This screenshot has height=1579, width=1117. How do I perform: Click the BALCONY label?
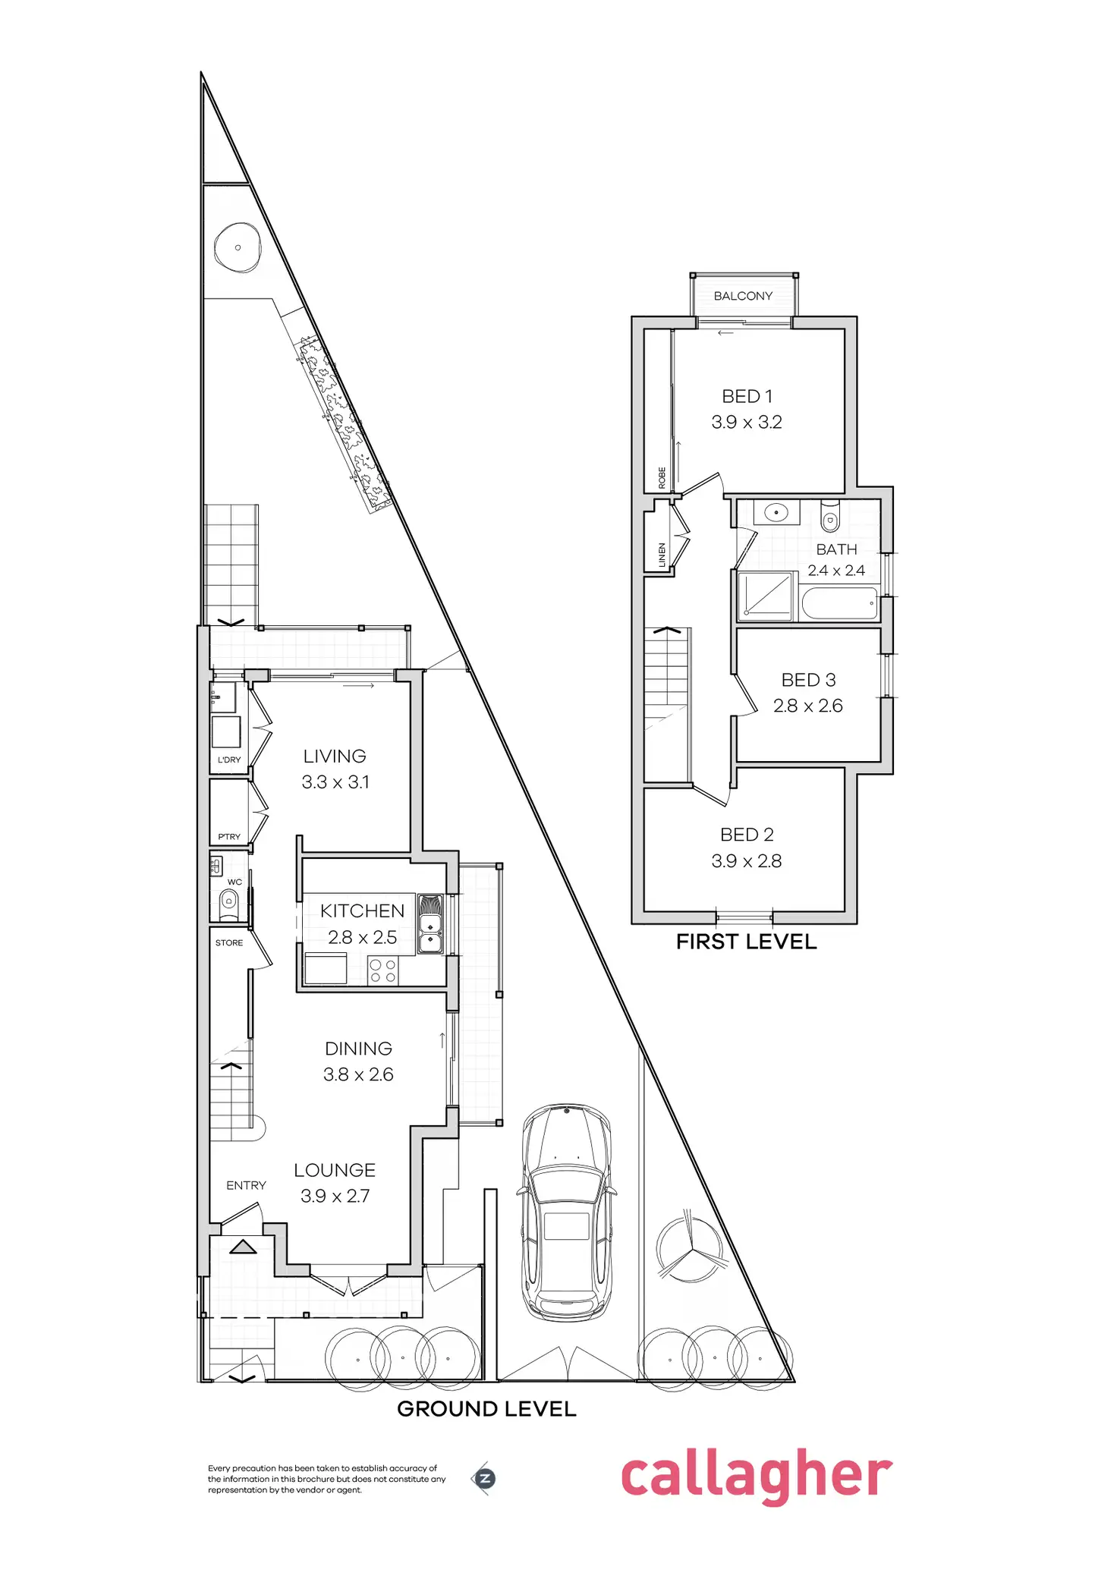point(743,296)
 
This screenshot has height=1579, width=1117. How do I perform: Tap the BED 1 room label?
point(747,396)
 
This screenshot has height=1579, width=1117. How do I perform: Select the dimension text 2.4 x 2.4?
point(836,571)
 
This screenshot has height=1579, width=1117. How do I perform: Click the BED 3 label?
point(808,680)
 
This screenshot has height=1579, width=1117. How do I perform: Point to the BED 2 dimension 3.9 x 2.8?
point(747,861)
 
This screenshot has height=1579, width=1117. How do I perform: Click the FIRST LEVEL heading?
point(746,942)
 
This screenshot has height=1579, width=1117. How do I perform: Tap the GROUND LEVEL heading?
point(486,1409)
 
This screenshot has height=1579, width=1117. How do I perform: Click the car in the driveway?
point(566,1213)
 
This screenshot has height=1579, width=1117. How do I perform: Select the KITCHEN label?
point(362,911)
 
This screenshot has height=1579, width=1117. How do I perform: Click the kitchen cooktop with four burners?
point(382,971)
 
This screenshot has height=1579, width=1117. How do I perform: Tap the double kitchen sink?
point(430,934)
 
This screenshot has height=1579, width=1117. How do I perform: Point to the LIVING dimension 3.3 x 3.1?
point(335,782)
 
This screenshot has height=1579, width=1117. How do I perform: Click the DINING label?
point(358,1049)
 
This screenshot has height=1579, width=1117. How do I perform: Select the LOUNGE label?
point(335,1170)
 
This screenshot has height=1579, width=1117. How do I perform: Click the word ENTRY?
point(246,1185)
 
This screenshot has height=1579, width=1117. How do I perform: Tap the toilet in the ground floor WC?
point(228,903)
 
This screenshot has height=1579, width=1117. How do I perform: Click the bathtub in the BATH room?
point(839,605)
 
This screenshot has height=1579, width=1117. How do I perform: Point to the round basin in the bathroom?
point(776,512)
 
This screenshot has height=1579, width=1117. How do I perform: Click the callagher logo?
point(757,1476)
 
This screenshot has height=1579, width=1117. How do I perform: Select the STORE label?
point(229,943)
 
